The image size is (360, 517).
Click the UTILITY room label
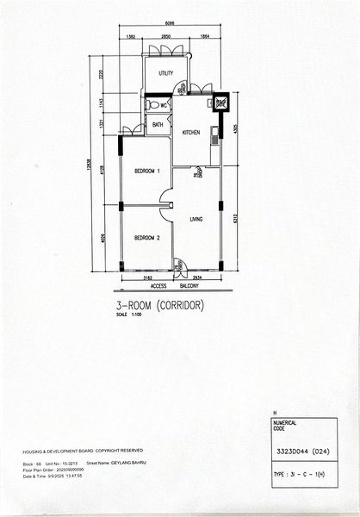tap(165, 73)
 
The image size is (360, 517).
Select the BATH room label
tap(158, 125)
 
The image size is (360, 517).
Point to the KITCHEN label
tap(191, 132)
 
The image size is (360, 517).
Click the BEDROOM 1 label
tap(146, 171)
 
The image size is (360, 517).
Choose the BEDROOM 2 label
tap(146, 237)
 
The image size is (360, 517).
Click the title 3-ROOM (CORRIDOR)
tap(159, 304)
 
